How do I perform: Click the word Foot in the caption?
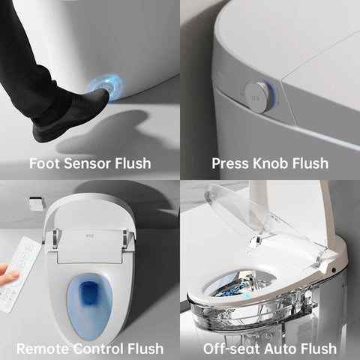[x=43, y=163]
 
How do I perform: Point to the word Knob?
[x=271, y=163]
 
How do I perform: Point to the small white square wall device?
[x=35, y=203]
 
